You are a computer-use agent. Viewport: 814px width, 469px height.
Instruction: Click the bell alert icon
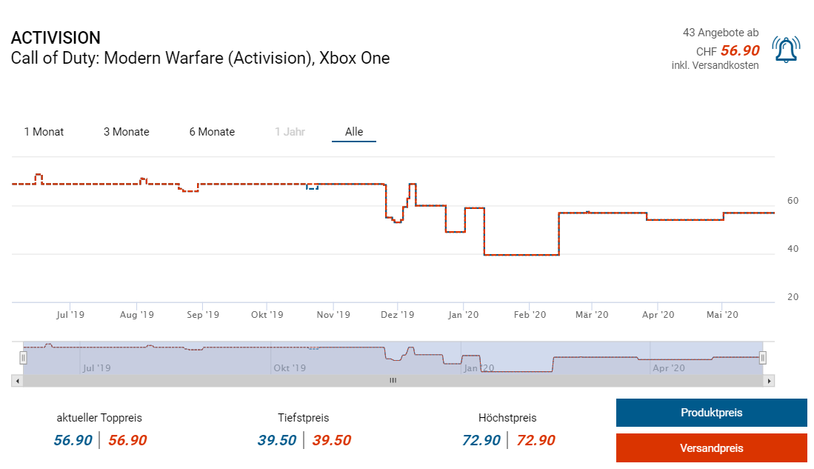point(785,50)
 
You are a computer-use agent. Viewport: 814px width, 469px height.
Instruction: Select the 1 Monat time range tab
point(44,132)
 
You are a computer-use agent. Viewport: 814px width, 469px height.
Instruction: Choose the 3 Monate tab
point(126,132)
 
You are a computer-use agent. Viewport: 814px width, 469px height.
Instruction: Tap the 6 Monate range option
point(212,132)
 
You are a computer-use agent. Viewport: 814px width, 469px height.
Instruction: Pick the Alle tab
point(354,132)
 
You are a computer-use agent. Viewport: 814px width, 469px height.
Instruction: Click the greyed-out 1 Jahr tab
point(290,132)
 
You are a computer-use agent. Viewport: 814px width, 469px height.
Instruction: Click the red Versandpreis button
point(711,448)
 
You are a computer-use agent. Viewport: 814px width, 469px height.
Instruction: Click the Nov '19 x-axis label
point(333,315)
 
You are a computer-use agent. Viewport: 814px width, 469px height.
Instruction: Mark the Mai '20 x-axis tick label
point(722,315)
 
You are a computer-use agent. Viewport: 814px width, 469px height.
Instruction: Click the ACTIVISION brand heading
point(56,38)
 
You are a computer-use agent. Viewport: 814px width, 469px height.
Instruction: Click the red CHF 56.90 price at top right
point(739,51)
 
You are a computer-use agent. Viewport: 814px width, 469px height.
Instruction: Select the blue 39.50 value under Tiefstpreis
point(277,441)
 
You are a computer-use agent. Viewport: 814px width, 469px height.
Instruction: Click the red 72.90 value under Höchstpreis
point(536,441)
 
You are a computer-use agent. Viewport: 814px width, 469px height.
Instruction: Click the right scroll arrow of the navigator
point(770,381)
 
